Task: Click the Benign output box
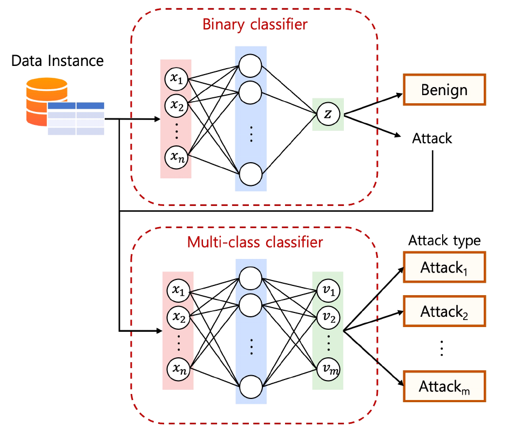tap(444, 89)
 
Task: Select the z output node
tap(327, 114)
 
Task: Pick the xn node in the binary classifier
tap(176, 157)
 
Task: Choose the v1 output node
tap(327, 291)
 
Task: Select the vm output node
tap(327, 369)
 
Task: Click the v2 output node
tap(327, 317)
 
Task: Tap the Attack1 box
tap(444, 267)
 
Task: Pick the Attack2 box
tap(444, 312)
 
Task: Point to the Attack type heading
tap(444, 240)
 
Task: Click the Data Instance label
tap(57, 60)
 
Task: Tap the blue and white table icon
tap(76, 118)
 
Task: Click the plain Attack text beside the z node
tap(432, 138)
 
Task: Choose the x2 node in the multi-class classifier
tap(178, 317)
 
